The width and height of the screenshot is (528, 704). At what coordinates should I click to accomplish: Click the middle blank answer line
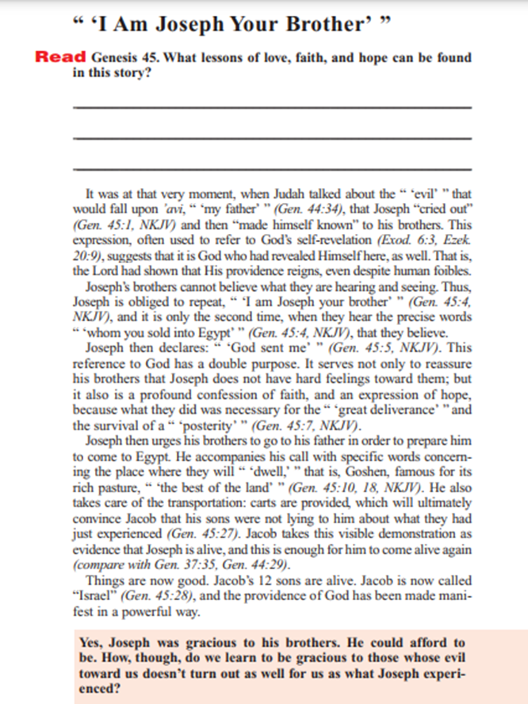(x=271, y=138)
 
